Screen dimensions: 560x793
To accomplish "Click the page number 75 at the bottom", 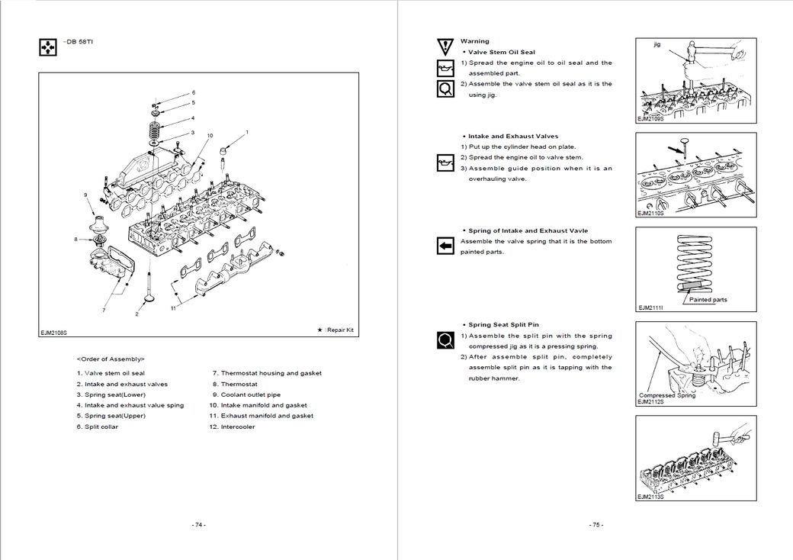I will [596, 525].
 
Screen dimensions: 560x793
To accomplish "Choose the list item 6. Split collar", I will [98, 426].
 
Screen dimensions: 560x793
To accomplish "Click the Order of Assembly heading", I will [111, 359].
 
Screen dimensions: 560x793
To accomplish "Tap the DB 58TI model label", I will [75, 40].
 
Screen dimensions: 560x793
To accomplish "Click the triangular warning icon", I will [445, 45].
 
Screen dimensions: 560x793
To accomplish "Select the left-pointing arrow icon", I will [445, 245].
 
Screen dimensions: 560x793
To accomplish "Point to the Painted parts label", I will [708, 300].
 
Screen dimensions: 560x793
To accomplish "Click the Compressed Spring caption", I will [666, 395].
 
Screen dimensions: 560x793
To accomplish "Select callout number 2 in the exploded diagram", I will [137, 314].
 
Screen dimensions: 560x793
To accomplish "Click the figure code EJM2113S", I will [650, 497].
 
